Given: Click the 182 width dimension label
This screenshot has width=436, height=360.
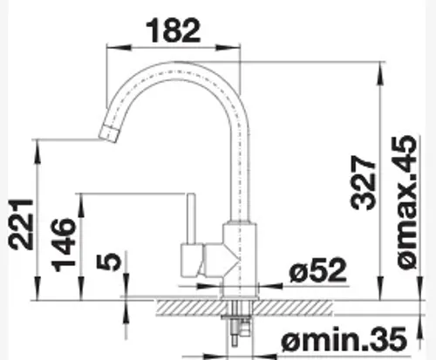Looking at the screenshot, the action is click(174, 30).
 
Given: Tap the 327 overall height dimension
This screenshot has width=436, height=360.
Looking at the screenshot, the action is click(364, 183).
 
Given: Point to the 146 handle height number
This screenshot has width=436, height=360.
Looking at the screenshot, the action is click(63, 245).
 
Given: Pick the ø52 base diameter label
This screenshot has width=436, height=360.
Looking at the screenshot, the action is click(318, 270).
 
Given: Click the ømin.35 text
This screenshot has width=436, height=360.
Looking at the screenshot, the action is click(344, 339).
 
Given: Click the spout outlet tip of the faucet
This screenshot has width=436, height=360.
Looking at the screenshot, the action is click(108, 134).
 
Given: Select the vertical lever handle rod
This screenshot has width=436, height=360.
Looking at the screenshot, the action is click(191, 219).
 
